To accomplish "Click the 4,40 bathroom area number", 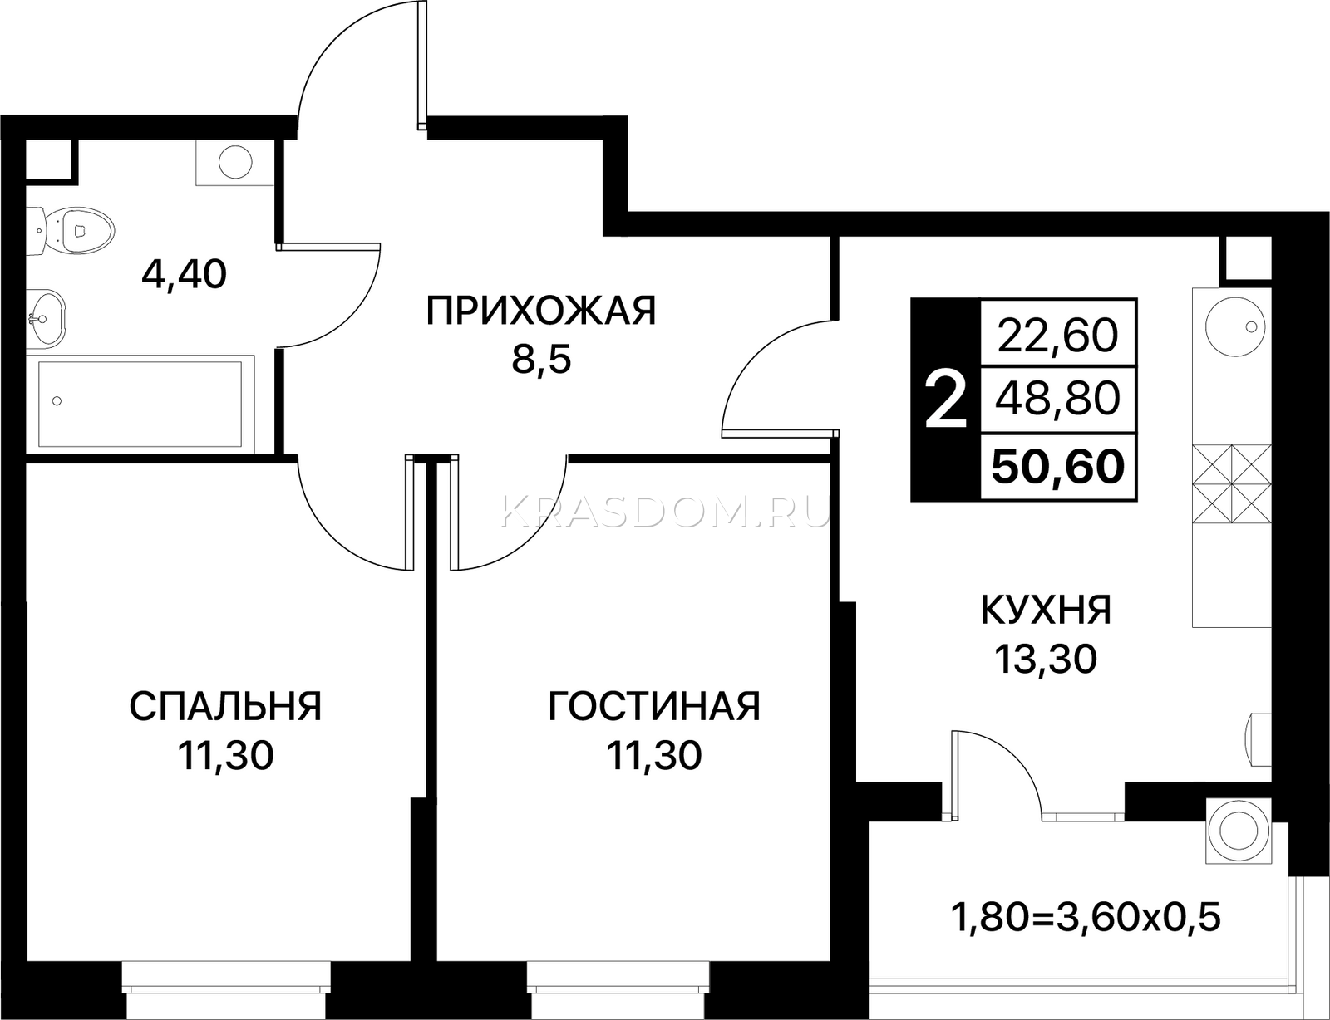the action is (x=184, y=275).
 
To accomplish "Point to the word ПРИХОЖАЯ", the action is (x=540, y=310).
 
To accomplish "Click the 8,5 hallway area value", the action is (x=541, y=360).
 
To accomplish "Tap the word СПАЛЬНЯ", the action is (x=225, y=706).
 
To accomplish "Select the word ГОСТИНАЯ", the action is (x=653, y=706).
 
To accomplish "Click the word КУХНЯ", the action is (x=1046, y=610).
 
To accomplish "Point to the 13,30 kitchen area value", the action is (x=1046, y=660).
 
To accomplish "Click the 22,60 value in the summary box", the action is (x=1057, y=336).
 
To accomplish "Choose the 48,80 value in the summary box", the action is (x=1057, y=398).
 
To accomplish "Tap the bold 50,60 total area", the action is (x=1057, y=467).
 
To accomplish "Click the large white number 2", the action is (x=946, y=400).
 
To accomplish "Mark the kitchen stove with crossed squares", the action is (x=1231, y=483).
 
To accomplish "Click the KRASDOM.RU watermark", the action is (x=665, y=511).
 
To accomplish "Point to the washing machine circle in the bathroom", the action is (x=235, y=161).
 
